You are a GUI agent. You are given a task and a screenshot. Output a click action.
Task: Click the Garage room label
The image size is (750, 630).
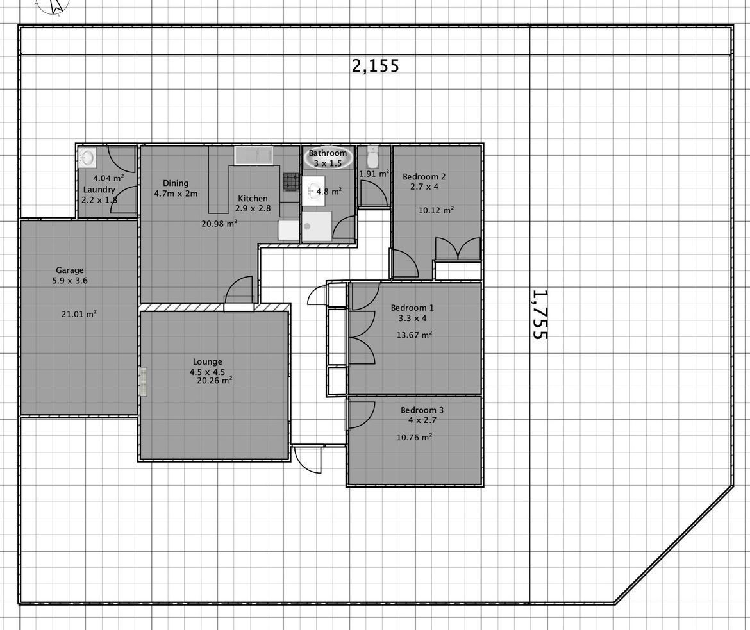coord(69,270)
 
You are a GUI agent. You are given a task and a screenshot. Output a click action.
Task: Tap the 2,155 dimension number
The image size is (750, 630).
coord(376,65)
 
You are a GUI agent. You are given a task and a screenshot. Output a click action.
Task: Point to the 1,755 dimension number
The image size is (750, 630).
coord(540,314)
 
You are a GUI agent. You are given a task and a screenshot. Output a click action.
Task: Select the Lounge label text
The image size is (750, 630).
coord(207,362)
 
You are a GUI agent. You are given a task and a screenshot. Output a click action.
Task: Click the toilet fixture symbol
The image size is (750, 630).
coord(372,158)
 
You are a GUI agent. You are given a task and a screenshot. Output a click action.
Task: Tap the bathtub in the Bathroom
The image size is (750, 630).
coord(328,157)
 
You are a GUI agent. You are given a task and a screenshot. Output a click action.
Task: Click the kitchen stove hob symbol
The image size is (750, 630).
coord(291,182)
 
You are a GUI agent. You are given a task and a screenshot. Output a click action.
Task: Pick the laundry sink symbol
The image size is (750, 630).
coord(88,157)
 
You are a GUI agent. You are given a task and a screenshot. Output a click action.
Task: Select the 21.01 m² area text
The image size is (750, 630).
coord(79,314)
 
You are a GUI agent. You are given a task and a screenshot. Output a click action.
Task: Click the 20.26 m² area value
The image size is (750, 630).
coord(215,381)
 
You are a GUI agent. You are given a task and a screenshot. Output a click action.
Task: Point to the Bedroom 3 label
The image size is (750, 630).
coord(422,410)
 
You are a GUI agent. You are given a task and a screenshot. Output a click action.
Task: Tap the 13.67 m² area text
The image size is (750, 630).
coord(414,335)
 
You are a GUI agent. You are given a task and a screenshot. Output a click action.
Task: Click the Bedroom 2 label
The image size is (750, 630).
coord(424,176)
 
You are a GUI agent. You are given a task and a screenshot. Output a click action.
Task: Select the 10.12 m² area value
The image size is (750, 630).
coord(436,210)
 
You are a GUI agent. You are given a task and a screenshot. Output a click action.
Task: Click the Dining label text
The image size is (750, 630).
coord(176,183)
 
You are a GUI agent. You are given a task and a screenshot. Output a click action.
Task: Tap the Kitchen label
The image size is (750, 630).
coord(253,199)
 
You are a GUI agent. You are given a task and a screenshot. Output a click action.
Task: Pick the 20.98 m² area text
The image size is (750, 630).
coord(219,224)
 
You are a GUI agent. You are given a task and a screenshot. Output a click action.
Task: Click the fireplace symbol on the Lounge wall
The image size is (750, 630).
coord(143,381)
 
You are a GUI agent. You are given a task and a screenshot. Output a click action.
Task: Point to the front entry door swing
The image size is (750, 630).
coord(307,459)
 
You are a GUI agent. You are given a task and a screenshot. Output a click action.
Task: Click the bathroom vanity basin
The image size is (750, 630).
coord(313,192)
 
